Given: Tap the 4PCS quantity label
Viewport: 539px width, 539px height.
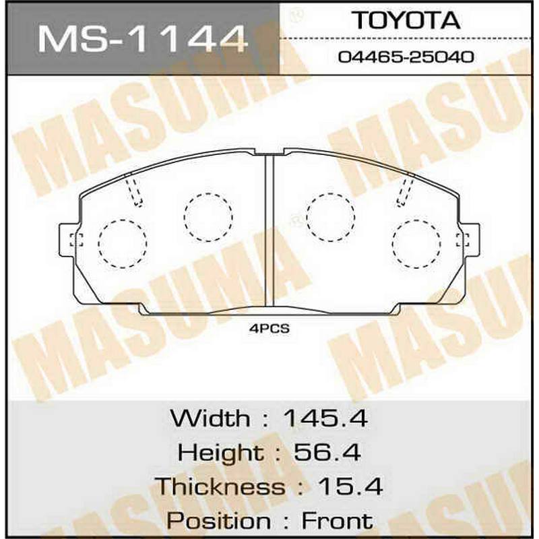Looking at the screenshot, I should click(269, 329).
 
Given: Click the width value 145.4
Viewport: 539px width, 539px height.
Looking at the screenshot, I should click(325, 418).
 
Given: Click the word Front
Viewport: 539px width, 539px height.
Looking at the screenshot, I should click(336, 520).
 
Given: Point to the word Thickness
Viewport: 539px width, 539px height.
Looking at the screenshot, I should click(220, 486).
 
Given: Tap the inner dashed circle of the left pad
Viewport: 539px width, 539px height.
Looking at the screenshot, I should click(208, 217).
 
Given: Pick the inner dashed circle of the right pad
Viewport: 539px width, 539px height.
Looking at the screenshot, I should click(330, 217).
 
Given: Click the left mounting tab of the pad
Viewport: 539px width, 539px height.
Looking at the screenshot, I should click(71, 240).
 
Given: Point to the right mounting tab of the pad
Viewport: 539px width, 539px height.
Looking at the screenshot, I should click(468, 240).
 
